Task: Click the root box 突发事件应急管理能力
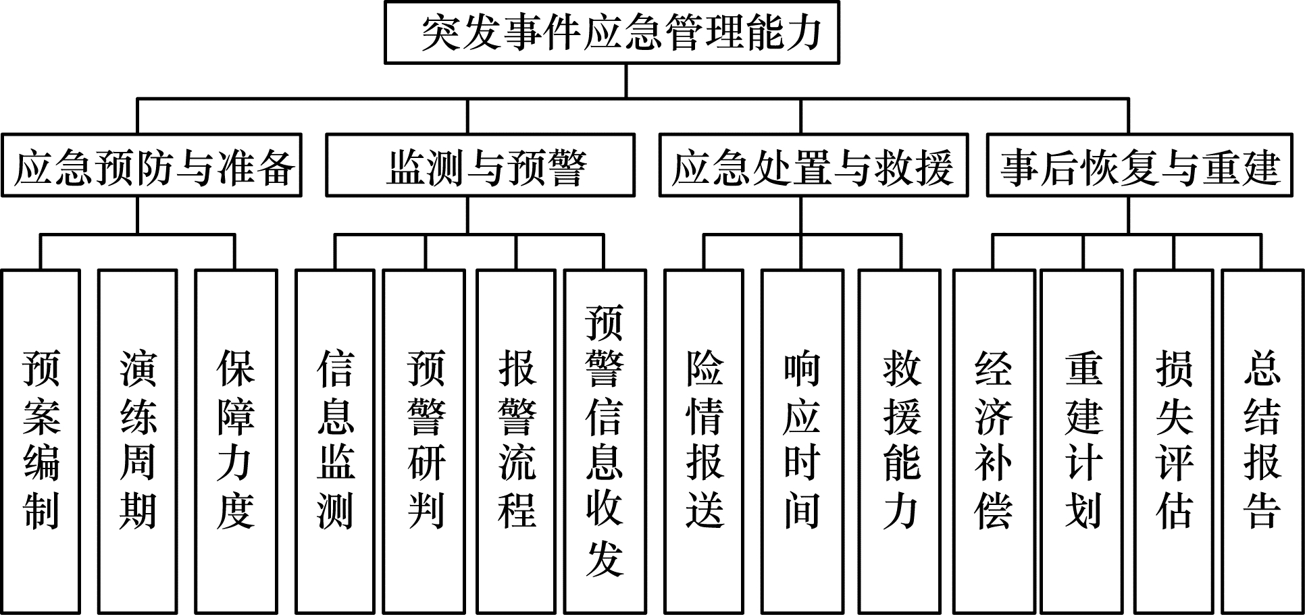click(x=611, y=32)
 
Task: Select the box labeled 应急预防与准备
click(x=151, y=166)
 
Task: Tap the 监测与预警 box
click(x=480, y=166)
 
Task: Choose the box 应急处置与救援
click(x=813, y=166)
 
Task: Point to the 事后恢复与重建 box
click(x=1140, y=166)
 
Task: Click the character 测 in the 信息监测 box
click(x=335, y=511)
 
